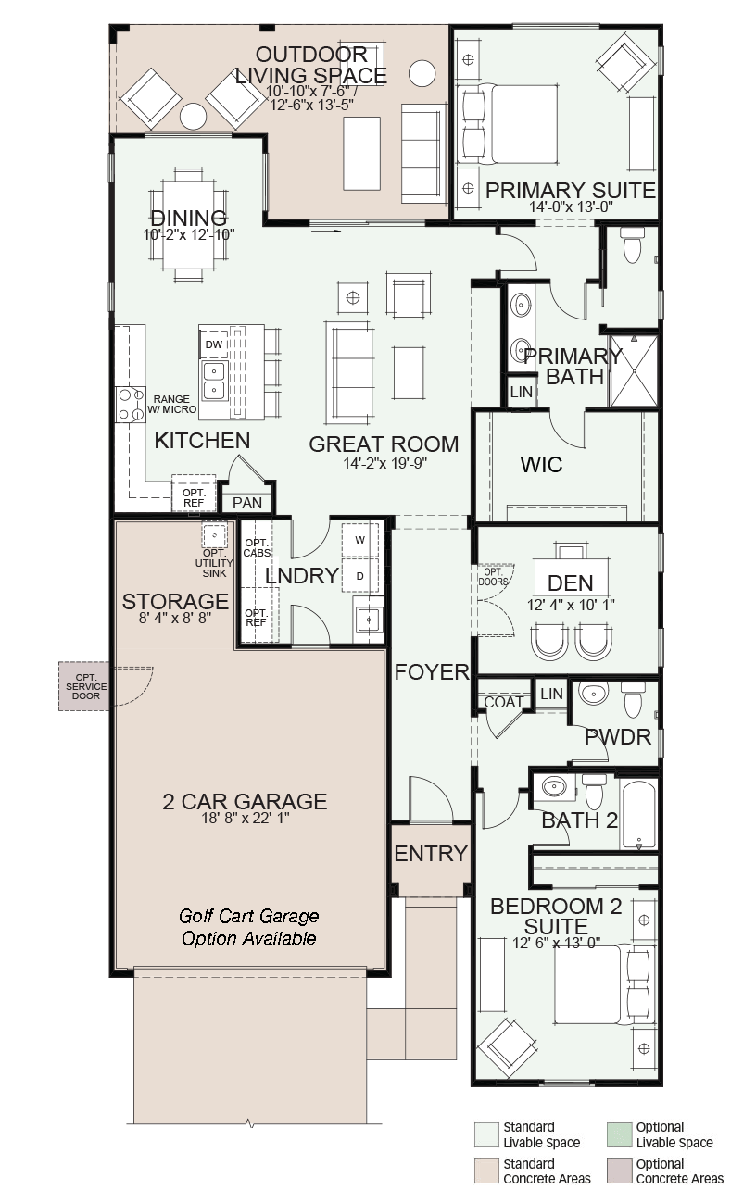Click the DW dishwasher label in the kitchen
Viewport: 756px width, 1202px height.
point(214,344)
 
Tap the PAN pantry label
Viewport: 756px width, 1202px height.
point(247,503)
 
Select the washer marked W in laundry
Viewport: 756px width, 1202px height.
point(360,540)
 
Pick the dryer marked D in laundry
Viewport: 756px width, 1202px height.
point(360,576)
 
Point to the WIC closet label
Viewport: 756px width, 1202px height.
point(541,465)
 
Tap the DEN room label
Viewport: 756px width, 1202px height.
point(570,583)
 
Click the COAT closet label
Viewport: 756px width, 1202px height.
point(503,702)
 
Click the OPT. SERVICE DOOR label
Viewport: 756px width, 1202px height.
point(86,686)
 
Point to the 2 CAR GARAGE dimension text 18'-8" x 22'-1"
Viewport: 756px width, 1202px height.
point(245,819)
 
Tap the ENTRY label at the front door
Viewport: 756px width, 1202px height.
point(431,854)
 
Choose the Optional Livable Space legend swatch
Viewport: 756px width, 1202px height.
point(619,1135)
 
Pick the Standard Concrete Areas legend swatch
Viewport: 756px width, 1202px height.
point(485,1171)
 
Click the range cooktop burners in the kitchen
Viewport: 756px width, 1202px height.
point(131,405)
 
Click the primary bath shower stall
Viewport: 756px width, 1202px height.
point(634,370)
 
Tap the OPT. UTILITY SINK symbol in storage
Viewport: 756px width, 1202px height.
point(214,535)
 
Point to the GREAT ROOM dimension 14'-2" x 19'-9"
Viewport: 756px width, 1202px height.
point(385,463)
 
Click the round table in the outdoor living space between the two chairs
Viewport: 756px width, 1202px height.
point(193,116)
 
